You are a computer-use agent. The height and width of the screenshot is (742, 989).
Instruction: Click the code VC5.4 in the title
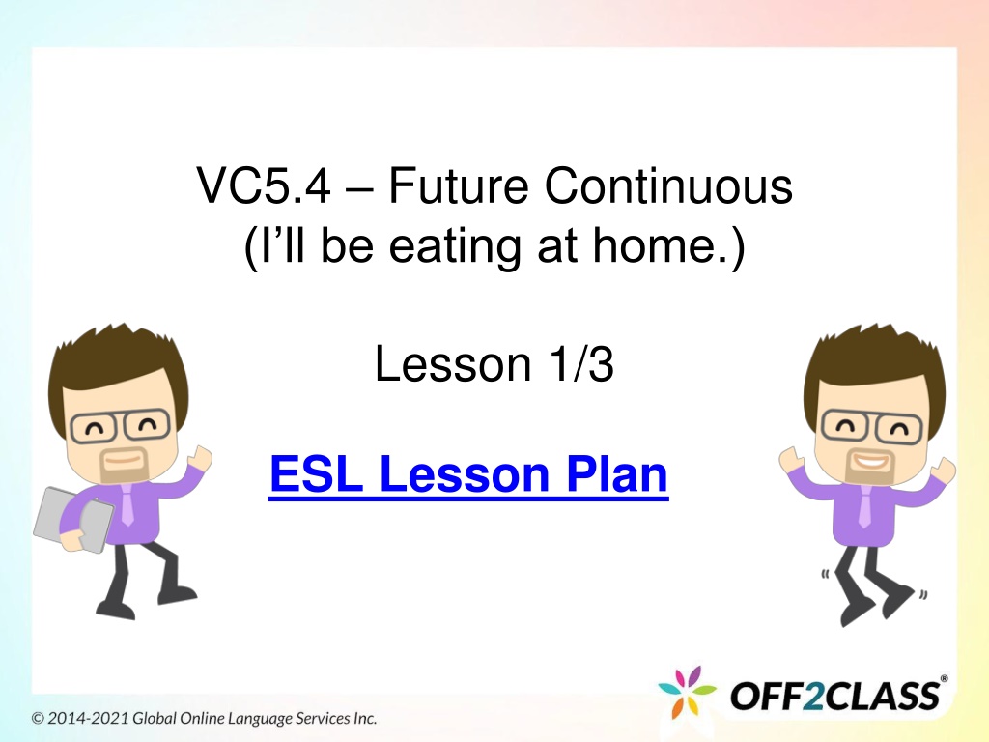[x=264, y=186]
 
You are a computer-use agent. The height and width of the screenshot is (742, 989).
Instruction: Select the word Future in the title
[x=459, y=186]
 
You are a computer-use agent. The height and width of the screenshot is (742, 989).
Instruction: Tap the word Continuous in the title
[x=668, y=186]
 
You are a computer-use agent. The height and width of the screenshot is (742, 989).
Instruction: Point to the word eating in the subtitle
[x=455, y=246]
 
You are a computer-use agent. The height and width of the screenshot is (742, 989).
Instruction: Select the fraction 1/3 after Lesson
[x=580, y=364]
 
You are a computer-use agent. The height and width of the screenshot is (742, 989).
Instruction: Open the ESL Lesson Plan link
[x=468, y=474]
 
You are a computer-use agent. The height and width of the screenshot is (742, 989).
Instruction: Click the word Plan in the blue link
[x=617, y=473]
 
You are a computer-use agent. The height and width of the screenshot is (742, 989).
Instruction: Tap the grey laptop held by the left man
[x=72, y=519]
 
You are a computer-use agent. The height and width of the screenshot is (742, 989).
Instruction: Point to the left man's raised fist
[x=202, y=457]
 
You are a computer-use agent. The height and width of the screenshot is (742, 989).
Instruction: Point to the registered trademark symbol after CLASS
[x=944, y=679]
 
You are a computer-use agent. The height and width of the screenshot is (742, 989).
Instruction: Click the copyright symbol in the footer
[x=38, y=718]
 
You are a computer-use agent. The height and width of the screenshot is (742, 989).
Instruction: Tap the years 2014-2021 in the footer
[x=89, y=718]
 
